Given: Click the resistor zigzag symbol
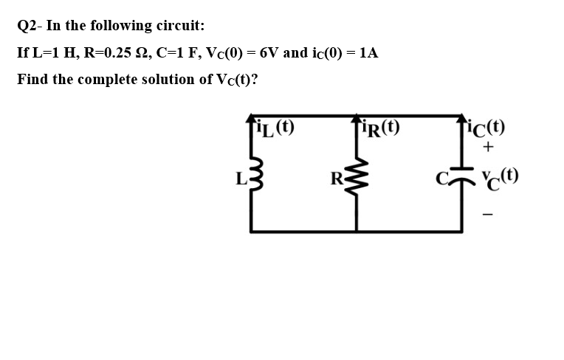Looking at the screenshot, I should click(x=356, y=178).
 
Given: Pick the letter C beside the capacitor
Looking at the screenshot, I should click(x=441, y=177).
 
